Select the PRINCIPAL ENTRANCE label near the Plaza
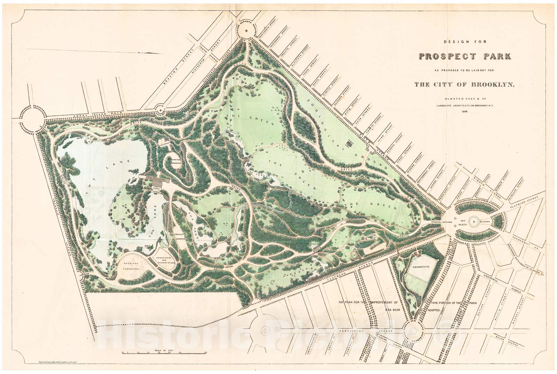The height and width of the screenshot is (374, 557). (x=441, y=222)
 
